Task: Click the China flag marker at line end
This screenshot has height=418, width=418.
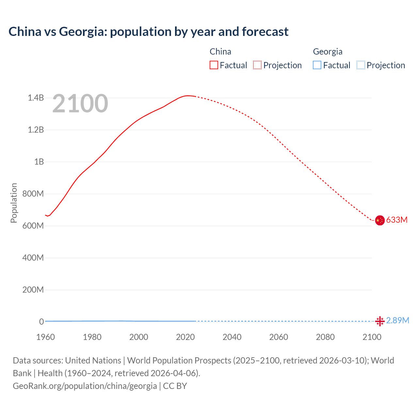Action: click(379, 220)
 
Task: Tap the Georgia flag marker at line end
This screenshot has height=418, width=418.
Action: click(379, 321)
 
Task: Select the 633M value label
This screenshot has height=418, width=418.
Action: click(397, 220)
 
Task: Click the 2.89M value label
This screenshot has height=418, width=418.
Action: click(397, 320)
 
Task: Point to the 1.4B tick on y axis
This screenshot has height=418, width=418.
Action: click(36, 98)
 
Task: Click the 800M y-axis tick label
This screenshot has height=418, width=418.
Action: click(33, 194)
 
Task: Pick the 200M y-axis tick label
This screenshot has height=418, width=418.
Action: click(33, 290)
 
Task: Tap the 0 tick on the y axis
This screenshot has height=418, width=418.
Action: click(41, 322)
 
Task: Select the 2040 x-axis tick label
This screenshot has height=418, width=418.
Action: click(232, 337)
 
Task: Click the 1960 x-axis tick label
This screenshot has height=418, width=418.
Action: click(45, 337)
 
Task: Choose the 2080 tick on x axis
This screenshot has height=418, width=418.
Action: click(325, 337)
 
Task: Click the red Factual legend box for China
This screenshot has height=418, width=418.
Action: click(214, 65)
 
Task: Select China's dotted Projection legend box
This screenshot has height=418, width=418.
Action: click(257, 65)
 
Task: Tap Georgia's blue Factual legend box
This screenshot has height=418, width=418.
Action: click(317, 65)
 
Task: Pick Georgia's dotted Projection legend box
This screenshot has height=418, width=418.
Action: click(361, 65)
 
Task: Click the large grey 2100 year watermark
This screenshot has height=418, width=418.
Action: click(80, 103)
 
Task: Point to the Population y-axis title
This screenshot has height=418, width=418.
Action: click(14, 203)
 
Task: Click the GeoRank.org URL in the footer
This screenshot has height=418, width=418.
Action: click(85, 386)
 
